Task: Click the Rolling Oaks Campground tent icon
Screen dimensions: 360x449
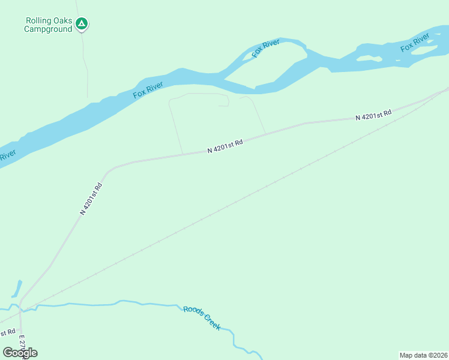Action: point(82,24)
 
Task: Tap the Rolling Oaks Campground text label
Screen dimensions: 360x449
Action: point(48,25)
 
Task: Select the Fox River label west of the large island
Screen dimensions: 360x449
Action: point(148,91)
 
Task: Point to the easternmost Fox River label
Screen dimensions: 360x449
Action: point(415,43)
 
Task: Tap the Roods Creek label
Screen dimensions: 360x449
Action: point(202,317)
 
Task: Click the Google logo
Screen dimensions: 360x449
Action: point(20,352)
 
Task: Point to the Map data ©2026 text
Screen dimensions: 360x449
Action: point(423,355)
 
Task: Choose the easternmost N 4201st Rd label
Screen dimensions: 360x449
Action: point(373,115)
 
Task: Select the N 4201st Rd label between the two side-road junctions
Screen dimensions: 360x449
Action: point(225,146)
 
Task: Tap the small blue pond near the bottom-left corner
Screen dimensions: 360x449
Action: point(16,289)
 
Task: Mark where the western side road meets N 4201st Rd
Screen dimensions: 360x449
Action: point(182,154)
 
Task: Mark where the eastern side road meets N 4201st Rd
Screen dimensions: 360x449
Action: point(265,134)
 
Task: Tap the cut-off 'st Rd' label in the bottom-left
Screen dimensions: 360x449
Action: point(7,332)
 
